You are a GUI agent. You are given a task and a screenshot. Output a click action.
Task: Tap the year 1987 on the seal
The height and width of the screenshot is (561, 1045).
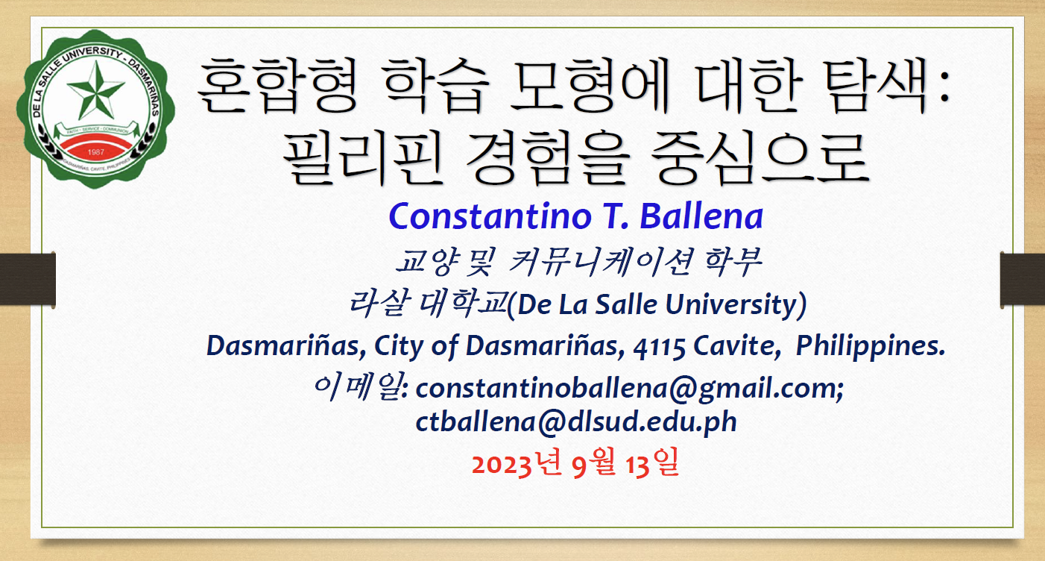pos(95,151)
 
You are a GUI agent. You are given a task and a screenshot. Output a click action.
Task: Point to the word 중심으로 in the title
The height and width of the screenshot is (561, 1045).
pos(760,158)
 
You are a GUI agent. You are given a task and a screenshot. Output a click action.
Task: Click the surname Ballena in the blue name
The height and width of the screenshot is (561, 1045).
pos(701,216)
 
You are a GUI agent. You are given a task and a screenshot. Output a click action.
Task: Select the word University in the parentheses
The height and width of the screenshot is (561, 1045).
pos(731,304)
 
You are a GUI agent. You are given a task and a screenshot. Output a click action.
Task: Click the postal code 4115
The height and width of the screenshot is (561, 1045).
pos(659,348)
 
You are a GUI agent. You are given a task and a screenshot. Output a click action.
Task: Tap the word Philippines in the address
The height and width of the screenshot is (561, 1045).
pos(870,347)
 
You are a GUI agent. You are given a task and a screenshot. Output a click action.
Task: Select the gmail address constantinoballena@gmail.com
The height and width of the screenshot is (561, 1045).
pos(629,389)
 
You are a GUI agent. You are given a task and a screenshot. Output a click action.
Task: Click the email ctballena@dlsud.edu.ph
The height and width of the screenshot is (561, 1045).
pos(576,422)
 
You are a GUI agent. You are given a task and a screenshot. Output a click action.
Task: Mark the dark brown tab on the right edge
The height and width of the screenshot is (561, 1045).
pos(1023,280)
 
